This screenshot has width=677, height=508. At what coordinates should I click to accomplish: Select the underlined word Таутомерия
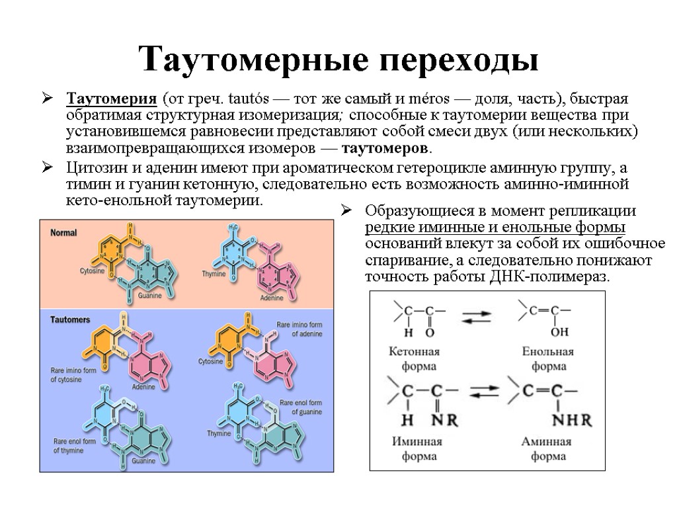click(112, 100)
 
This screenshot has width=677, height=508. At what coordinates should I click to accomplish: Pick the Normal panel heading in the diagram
click(64, 233)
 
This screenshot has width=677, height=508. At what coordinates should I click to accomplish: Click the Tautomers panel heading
click(70, 319)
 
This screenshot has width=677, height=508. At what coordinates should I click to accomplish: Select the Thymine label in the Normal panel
click(214, 273)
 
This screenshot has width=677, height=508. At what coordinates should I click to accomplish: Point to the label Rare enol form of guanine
click(301, 407)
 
